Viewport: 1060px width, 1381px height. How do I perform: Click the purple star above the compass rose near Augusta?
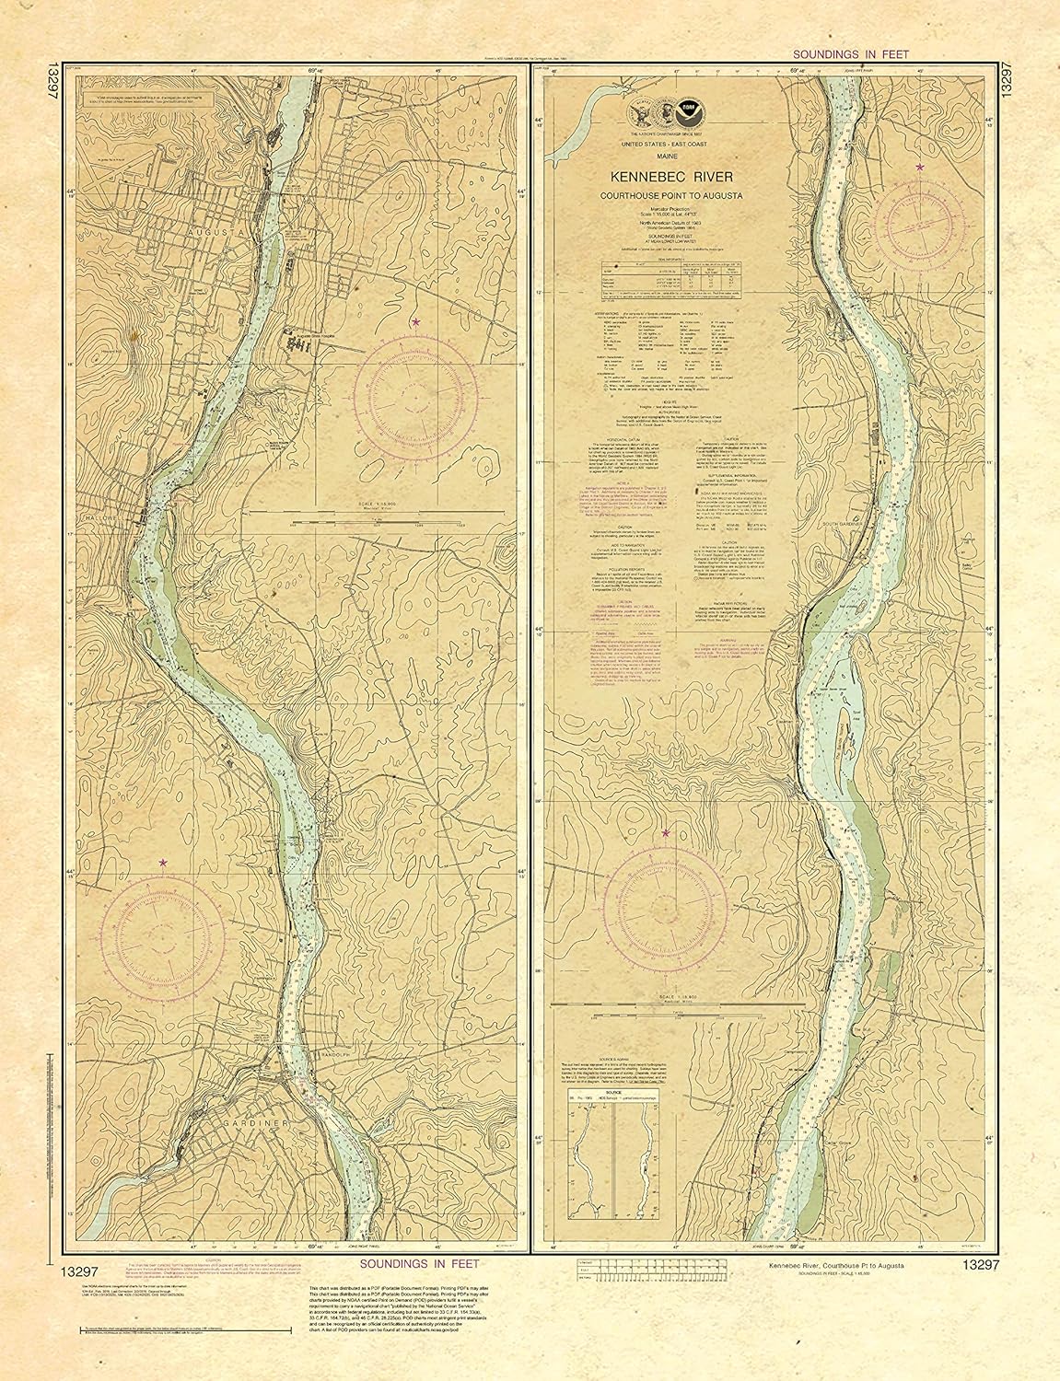pos(416,322)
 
